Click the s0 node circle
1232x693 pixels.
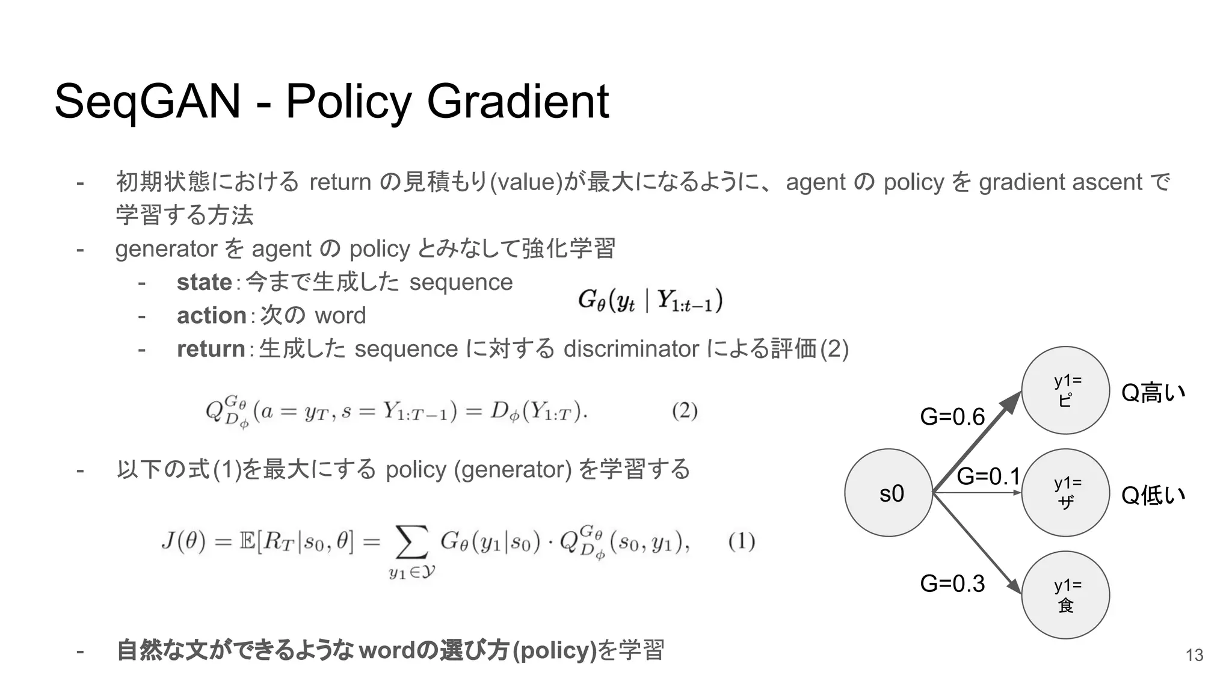point(889,493)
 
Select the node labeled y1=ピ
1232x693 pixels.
point(1065,390)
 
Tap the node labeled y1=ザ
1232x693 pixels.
point(1065,493)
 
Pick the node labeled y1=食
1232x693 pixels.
point(1065,595)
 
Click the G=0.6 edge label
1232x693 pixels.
point(952,416)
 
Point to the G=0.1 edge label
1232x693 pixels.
point(988,476)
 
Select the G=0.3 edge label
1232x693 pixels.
point(952,584)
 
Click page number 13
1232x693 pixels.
point(1194,655)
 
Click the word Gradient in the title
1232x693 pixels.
point(518,101)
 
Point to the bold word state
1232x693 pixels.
point(204,282)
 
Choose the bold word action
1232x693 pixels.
point(211,315)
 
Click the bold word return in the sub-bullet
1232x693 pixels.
point(211,349)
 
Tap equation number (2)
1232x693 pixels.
point(685,411)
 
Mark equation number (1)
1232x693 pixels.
point(741,541)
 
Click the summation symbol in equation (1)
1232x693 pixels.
point(412,542)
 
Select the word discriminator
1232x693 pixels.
point(631,349)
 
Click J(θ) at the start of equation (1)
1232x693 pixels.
point(184,541)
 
